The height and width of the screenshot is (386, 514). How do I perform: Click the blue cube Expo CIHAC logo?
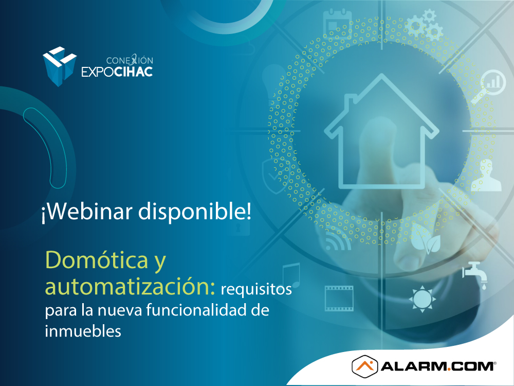pos(60,66)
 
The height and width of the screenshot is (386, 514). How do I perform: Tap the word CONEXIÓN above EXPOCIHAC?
pos(130,60)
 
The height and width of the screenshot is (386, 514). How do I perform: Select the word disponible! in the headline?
pos(195,211)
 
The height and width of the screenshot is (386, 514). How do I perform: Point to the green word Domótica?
pos(97,260)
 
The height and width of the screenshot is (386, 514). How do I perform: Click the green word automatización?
pos(130,286)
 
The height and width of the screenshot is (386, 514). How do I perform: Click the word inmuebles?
pos(83,330)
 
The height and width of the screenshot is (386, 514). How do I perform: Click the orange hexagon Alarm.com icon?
pos(364,366)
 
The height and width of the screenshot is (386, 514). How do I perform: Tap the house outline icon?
pos(381,131)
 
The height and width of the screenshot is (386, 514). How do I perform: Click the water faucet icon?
pos(474,275)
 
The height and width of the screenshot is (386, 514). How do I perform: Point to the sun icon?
pos(422,299)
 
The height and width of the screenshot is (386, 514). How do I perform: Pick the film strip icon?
pos(339,299)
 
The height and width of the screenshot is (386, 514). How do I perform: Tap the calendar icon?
pos(337,24)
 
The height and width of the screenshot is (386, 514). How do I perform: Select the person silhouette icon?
pos(486,175)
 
